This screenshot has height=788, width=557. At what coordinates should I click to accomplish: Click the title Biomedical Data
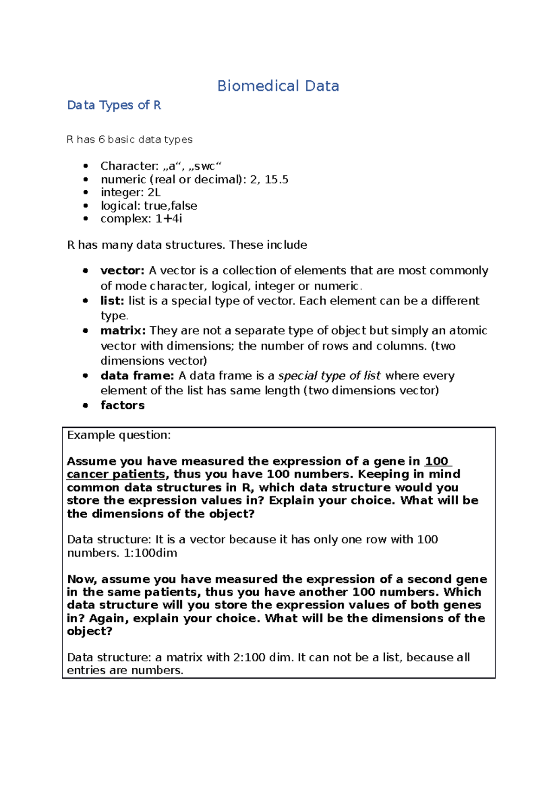[x=278, y=86]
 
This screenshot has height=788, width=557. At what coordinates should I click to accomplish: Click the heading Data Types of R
[x=114, y=105]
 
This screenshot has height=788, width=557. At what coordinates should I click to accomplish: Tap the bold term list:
[x=112, y=301]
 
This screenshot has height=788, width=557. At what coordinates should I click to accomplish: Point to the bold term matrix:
[x=123, y=330]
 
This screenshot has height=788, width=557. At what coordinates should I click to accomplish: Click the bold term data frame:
[x=137, y=375]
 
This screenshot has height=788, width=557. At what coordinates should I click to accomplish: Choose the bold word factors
[x=123, y=405]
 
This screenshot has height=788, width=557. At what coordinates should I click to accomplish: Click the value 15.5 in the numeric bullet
[x=277, y=180]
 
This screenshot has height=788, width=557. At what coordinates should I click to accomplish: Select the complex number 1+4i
[x=169, y=219]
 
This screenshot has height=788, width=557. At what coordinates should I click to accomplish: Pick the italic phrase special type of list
[x=330, y=375]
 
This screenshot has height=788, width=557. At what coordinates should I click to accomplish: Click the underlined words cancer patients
[x=116, y=474]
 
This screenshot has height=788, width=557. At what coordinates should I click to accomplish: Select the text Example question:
[x=119, y=435]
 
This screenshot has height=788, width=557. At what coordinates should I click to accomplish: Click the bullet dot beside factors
[x=85, y=405]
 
